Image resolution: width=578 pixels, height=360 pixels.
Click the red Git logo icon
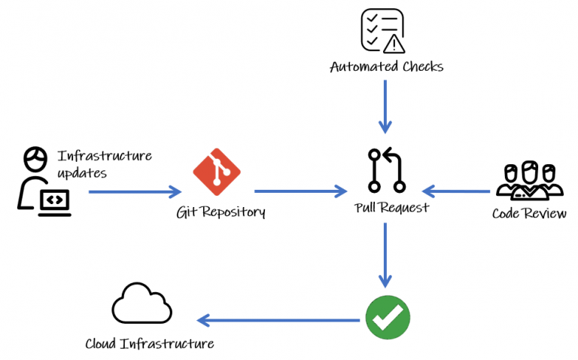tap(217, 172)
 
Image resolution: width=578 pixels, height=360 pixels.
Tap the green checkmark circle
tap(388, 317)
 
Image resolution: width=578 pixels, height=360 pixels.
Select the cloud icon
tap(142, 304)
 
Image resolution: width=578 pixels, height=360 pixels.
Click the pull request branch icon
tap(386, 170)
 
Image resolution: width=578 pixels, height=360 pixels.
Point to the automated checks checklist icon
tap(382, 31)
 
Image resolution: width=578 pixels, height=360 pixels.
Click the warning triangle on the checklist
tap(394, 44)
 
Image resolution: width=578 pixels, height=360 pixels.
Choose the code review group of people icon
tap(529, 180)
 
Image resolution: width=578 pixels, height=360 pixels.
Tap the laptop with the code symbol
tap(54, 203)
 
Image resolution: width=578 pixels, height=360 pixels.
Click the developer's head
tap(35, 159)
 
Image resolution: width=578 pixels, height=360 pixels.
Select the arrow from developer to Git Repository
tap(135, 192)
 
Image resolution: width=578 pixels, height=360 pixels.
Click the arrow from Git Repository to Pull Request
tap(301, 191)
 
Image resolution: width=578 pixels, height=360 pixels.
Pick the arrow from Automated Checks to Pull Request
tap(385, 107)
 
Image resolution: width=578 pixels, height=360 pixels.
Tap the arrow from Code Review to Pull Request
tap(456, 191)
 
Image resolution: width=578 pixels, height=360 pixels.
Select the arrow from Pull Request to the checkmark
tap(385, 255)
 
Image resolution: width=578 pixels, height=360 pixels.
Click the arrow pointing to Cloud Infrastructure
tap(278, 320)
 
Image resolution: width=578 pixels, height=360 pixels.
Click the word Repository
tap(233, 212)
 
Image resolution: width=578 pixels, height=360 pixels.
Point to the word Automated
tap(364, 67)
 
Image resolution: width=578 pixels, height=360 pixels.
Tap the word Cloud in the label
tap(100, 343)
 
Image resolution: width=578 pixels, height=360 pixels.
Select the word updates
tap(82, 173)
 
